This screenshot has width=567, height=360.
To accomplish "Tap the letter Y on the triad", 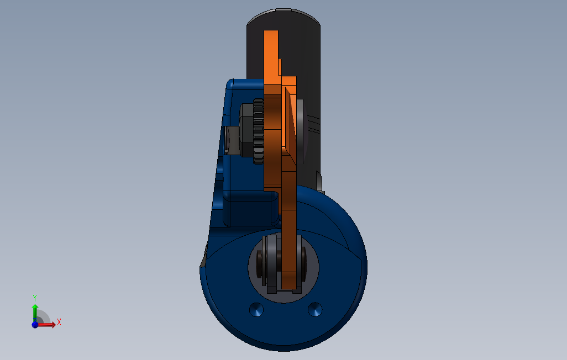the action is (35, 298).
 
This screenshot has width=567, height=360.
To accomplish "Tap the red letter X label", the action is (59, 322).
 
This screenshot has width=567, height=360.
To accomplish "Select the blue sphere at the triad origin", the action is (35, 325).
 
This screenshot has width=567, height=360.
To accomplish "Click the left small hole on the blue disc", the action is (256, 310).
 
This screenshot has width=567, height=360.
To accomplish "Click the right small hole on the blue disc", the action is (314, 310).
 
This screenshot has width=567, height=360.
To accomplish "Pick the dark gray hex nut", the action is (246, 130).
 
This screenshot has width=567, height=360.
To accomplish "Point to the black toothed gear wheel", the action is (258, 131).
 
